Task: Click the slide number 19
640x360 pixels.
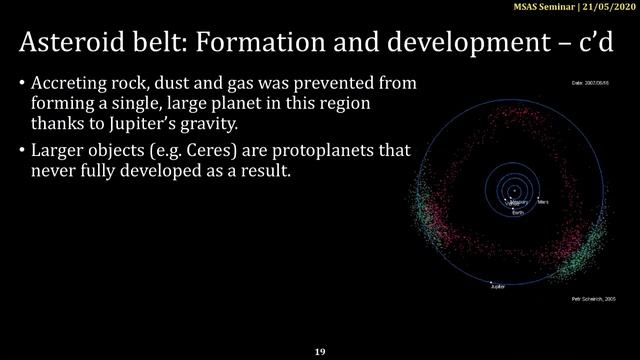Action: pyautogui.click(x=320, y=352)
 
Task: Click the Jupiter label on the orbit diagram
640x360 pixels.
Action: pyautogui.click(x=497, y=286)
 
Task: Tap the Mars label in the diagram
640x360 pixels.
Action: pyautogui.click(x=543, y=202)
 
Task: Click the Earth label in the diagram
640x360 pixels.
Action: pyautogui.click(x=518, y=213)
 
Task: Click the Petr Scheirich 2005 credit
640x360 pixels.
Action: pyautogui.click(x=587, y=298)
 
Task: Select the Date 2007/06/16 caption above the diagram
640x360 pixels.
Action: pyautogui.click(x=590, y=82)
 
